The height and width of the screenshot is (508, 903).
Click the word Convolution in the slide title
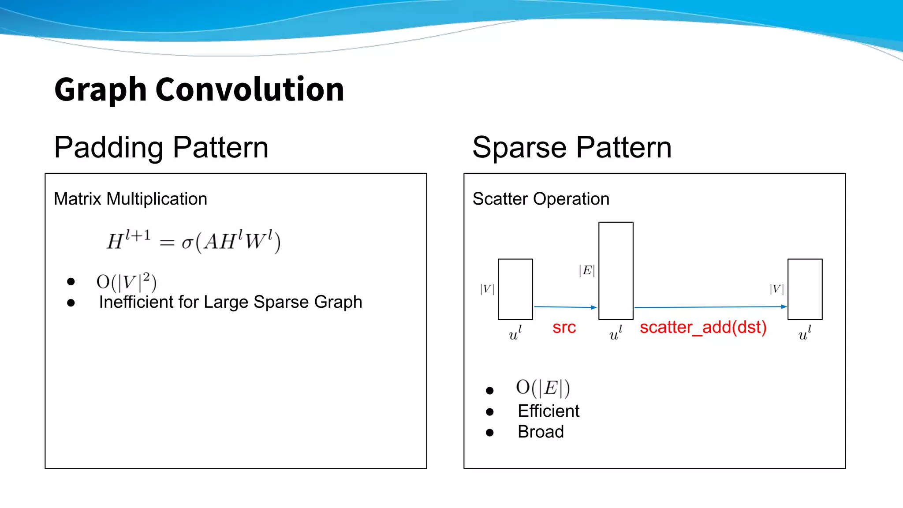point(250,90)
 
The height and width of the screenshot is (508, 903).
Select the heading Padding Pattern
point(161,147)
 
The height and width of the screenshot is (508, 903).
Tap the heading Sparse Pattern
point(572,147)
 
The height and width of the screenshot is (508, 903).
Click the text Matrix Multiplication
point(130,199)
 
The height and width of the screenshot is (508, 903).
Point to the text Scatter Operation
point(541,199)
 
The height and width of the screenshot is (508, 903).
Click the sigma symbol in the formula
point(187,242)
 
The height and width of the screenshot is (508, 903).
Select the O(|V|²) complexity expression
point(127,282)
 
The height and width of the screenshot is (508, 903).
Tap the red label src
point(564,327)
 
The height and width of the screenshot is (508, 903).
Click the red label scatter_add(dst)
point(703,327)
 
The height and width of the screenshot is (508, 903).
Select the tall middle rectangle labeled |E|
point(616,270)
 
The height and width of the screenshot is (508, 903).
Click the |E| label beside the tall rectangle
point(587,270)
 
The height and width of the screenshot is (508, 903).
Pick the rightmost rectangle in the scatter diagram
point(805,289)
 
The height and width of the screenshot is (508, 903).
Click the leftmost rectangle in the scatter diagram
point(515,289)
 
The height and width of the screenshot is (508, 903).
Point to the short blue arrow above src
point(565,307)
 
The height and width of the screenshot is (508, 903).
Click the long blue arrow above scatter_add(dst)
point(710,307)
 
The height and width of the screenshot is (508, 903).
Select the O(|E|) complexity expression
point(543,388)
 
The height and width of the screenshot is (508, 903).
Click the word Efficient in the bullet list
point(548,411)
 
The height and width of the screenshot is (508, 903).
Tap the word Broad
point(541,432)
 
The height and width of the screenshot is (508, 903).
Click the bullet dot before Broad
point(489,433)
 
